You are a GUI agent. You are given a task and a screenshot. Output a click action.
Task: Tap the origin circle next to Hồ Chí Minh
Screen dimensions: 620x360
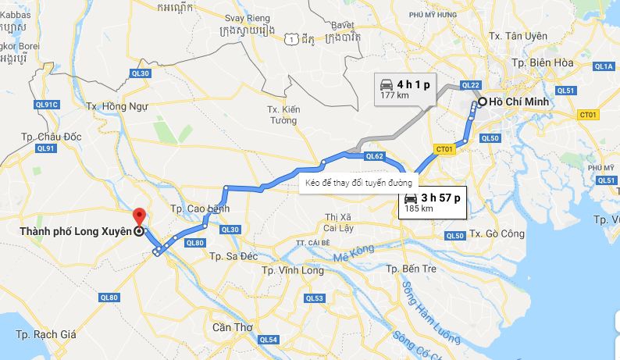tap(483, 102)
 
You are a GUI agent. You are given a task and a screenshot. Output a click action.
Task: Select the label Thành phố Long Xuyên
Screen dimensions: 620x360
tap(75, 231)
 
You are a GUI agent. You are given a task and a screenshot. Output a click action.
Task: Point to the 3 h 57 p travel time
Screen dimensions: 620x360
tap(440, 198)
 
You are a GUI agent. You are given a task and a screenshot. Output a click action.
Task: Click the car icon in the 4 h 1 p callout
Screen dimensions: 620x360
tap(386, 84)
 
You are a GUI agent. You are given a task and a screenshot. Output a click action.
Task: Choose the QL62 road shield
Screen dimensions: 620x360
tap(374, 156)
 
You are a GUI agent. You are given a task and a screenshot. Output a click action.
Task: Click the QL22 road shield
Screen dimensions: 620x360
tap(470, 85)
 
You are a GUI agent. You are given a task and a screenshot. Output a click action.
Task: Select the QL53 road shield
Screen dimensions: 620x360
tap(314, 298)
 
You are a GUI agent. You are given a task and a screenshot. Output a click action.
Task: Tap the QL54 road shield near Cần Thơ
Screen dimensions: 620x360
tap(268, 339)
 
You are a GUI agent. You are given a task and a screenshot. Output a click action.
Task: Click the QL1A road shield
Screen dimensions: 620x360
tap(604, 66)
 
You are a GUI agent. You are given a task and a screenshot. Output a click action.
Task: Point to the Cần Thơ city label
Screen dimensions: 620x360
tap(233, 327)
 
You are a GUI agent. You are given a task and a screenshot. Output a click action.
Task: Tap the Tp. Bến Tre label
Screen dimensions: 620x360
tap(408, 269)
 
